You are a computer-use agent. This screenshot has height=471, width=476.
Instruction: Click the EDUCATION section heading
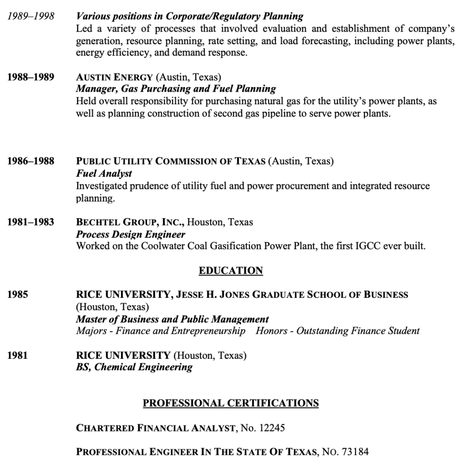coord(230,271)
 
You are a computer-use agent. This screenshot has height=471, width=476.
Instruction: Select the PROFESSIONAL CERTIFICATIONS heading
coord(230,403)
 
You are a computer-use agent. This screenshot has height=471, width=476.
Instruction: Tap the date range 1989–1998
coord(30,17)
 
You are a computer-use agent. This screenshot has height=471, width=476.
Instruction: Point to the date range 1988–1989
coord(30,77)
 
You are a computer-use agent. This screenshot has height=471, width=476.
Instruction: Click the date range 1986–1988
coord(30,162)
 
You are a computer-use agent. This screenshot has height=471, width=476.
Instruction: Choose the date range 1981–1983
coord(30,222)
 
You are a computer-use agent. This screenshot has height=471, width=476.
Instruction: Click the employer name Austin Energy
coord(114,77)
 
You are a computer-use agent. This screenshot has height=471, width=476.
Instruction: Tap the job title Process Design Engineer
coord(130,235)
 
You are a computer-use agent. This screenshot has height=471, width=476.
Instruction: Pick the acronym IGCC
coord(368,246)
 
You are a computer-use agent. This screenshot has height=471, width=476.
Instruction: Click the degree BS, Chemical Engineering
coord(134,367)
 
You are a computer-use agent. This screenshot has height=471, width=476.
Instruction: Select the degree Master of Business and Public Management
coord(172,319)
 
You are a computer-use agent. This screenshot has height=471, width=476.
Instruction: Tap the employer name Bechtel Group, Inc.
coord(130,222)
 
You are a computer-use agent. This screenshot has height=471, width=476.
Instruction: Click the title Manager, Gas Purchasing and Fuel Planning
coord(176,89)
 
